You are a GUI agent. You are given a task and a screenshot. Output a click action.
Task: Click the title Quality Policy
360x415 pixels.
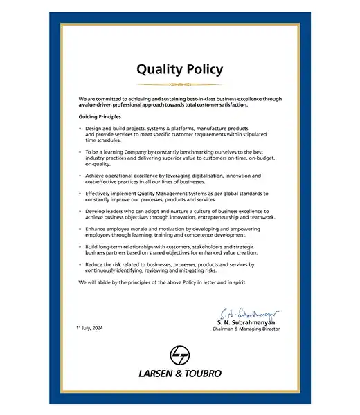click(179, 69)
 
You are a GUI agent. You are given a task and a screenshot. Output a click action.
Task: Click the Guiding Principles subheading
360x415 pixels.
click(100, 117)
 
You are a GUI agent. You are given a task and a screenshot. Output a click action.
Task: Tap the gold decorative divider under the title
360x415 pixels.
click(179, 84)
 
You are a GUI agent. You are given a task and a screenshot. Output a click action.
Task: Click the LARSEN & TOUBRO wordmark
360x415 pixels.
click(180, 373)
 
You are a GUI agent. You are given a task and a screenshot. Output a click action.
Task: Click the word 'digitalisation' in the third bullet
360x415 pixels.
click(211, 176)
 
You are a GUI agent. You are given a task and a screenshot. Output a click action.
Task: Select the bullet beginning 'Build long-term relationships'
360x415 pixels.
click(173, 250)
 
